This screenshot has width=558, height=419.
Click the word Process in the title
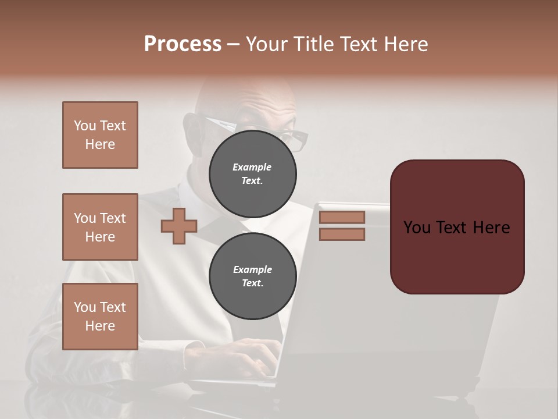pyautogui.click(x=183, y=44)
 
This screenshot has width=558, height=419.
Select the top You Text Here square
pyautogui.click(x=100, y=135)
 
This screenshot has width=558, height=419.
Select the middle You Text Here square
pyautogui.click(x=100, y=227)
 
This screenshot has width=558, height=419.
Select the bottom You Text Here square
pyautogui.click(x=100, y=316)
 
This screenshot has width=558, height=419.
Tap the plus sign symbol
pyautogui.click(x=179, y=226)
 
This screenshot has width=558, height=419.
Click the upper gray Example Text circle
pyautogui.click(x=252, y=174)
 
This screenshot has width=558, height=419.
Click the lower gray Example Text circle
pyautogui.click(x=252, y=276)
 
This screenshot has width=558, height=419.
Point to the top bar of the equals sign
pyautogui.click(x=342, y=218)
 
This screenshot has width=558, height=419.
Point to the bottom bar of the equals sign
pyautogui.click(x=342, y=234)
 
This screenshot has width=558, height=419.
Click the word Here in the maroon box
pyautogui.click(x=491, y=228)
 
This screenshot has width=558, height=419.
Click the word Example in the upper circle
pyautogui.click(x=252, y=167)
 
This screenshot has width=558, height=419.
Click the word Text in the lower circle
pyautogui.click(x=252, y=283)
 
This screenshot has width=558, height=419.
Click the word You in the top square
pyautogui.click(x=85, y=126)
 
